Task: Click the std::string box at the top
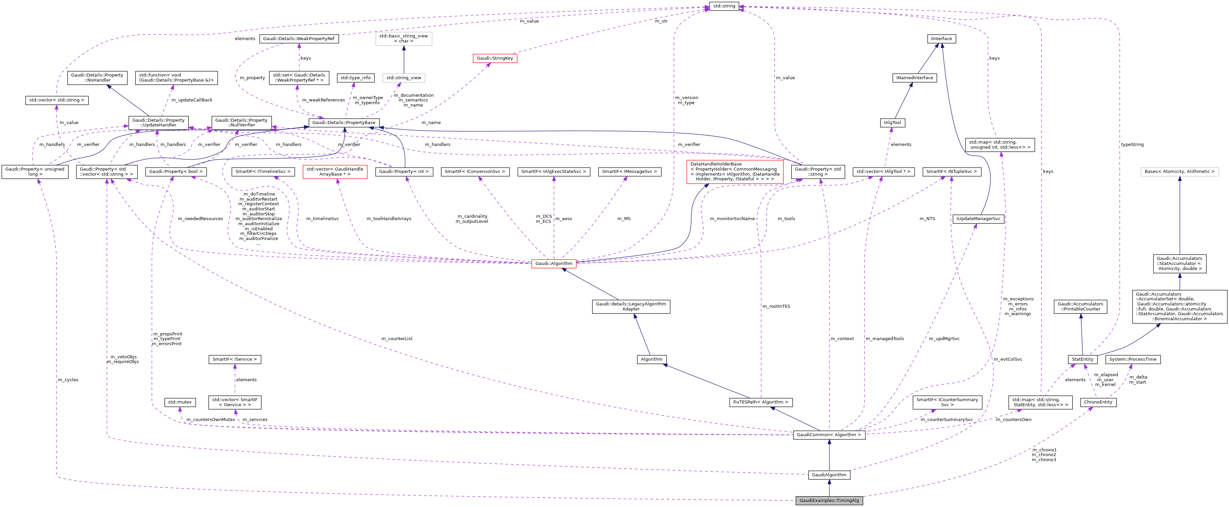724,6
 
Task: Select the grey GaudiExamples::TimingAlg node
829,500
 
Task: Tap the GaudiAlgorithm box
829,475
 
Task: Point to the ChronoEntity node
1098,402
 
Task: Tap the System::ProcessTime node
1133,359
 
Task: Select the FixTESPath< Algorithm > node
761,402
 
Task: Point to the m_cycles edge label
68,380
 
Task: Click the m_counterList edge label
396,338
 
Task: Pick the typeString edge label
1132,144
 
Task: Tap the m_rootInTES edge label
776,306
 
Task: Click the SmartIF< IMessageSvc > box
629,171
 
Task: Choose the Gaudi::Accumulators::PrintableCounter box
1080,306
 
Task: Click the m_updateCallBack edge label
191,100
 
